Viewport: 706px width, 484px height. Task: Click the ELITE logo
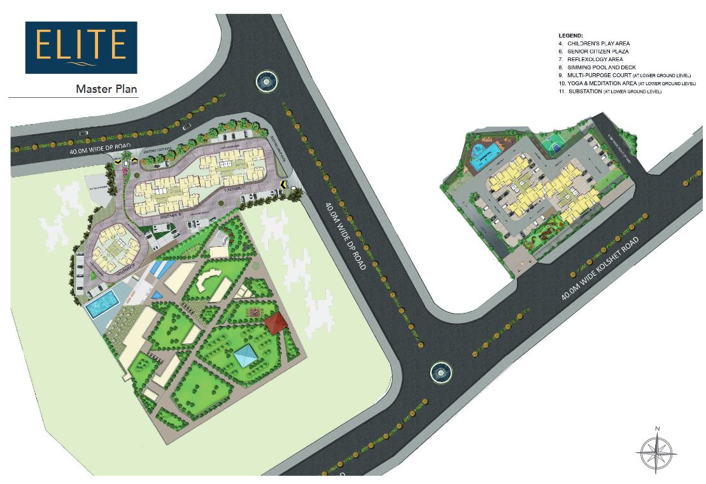click(x=80, y=48)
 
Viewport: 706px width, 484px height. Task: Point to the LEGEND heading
click(x=571, y=36)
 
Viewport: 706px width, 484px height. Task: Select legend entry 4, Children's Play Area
click(x=594, y=43)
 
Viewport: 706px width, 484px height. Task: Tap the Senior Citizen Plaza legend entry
click(x=594, y=51)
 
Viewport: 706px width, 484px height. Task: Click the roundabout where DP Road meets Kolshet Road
click(x=440, y=370)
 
